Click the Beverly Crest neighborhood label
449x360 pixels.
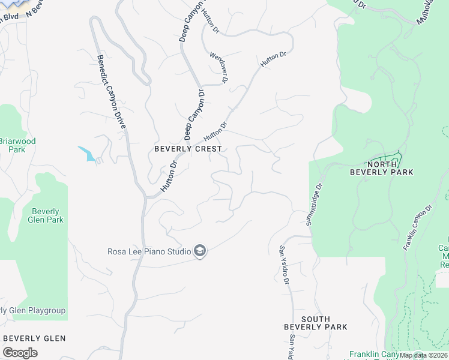coord(188,148)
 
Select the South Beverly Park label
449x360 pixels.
coord(316,323)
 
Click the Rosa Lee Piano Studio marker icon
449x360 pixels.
coord(200,251)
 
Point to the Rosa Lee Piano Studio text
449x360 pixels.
coord(149,251)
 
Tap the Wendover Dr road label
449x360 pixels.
coord(219,67)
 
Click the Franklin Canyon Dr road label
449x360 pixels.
coord(418,227)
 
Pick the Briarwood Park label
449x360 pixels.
coord(17,145)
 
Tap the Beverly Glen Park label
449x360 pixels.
coord(46,215)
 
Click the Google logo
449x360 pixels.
coord(20,353)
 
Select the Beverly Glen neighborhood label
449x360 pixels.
coord(35,338)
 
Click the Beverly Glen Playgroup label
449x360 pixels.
coord(33,310)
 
